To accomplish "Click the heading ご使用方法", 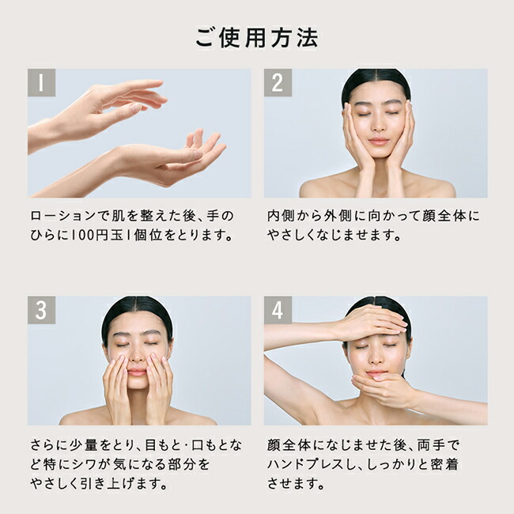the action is [257, 38].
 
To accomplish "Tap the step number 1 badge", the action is [41, 82].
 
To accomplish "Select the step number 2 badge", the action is [278, 82].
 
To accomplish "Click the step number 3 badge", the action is [41, 310].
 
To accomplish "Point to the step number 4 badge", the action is [278, 310].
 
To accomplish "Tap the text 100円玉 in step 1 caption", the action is [97, 236].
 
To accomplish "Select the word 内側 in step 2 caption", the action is [281, 216].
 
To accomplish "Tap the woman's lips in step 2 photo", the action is [378, 142].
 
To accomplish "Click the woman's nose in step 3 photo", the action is [137, 357].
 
